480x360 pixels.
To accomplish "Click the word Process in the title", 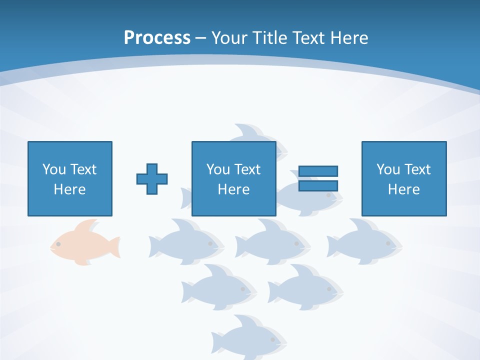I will click(x=157, y=38).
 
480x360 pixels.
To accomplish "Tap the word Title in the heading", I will click(x=270, y=38).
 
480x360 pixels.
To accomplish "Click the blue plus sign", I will click(x=152, y=179).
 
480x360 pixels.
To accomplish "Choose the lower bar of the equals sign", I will click(x=318, y=186).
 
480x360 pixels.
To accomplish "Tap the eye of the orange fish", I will click(x=58, y=244).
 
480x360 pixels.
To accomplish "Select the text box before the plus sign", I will click(x=70, y=178).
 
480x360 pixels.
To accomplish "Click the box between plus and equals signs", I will click(x=233, y=178).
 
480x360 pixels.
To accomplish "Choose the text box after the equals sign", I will click(x=403, y=178).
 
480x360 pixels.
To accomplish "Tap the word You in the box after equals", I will click(x=388, y=169).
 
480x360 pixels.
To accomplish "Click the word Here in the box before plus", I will click(x=69, y=189).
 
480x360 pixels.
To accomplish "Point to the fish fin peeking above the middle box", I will click(x=245, y=132).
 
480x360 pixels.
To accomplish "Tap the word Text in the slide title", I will click(x=305, y=38).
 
